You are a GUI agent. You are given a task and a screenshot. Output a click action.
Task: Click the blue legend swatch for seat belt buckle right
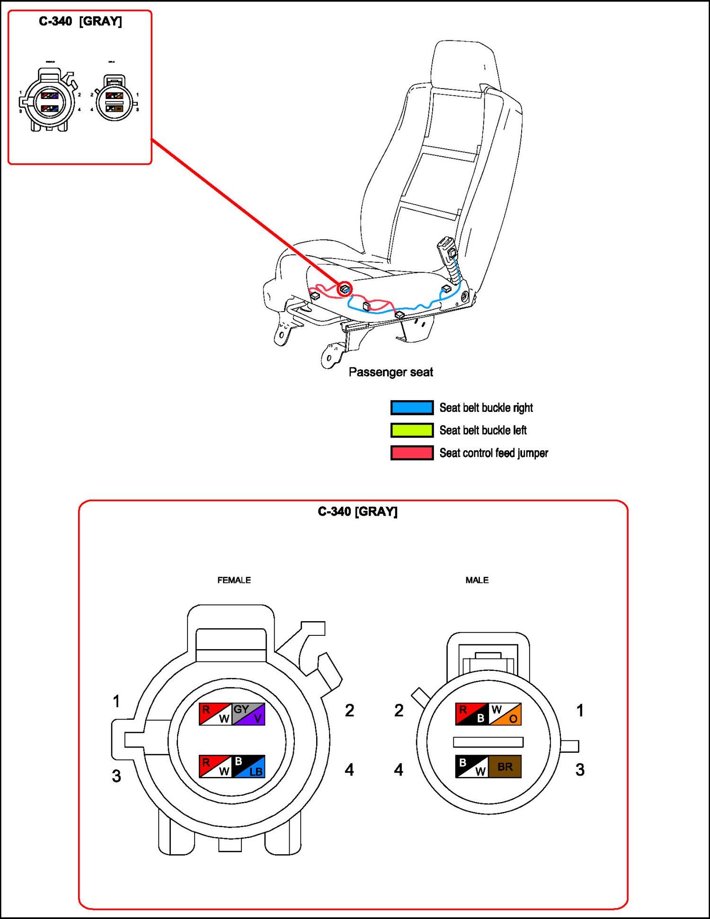pyautogui.click(x=411, y=407)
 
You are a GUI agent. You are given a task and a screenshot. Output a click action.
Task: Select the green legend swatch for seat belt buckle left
pyautogui.click(x=411, y=430)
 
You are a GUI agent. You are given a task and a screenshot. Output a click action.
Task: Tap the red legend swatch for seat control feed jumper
pyautogui.click(x=411, y=453)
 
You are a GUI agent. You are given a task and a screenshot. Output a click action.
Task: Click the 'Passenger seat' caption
pyautogui.click(x=390, y=372)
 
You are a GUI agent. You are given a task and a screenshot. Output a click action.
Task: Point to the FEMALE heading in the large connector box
pyautogui.click(x=234, y=580)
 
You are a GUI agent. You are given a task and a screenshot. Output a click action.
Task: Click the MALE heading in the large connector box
pyautogui.click(x=477, y=580)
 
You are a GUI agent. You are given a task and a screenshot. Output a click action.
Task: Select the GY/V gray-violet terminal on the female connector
pyautogui.click(x=248, y=714)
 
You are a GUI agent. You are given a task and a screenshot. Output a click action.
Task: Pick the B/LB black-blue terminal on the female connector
pyautogui.click(x=248, y=767)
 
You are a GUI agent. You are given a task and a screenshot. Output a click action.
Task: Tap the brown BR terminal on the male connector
pyautogui.click(x=505, y=767)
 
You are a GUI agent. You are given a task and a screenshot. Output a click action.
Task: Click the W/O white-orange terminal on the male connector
pyautogui.click(x=505, y=714)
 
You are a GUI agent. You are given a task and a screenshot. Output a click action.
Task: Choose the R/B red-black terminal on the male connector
pyautogui.click(x=471, y=714)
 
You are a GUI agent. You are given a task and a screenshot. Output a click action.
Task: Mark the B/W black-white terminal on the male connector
pyautogui.click(x=471, y=767)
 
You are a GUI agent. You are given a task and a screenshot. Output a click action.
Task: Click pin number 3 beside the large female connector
pyautogui.click(x=116, y=776)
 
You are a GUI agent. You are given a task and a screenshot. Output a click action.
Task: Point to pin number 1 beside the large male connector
pyautogui.click(x=580, y=710)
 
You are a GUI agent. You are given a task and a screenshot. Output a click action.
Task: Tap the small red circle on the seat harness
pyautogui.click(x=345, y=288)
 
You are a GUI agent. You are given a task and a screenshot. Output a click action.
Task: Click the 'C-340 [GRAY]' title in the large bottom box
pyautogui.click(x=357, y=511)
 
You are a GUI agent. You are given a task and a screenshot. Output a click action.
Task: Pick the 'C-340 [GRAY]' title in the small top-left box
pyautogui.click(x=80, y=21)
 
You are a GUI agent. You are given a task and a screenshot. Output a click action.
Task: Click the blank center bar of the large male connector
pyautogui.click(x=488, y=741)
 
